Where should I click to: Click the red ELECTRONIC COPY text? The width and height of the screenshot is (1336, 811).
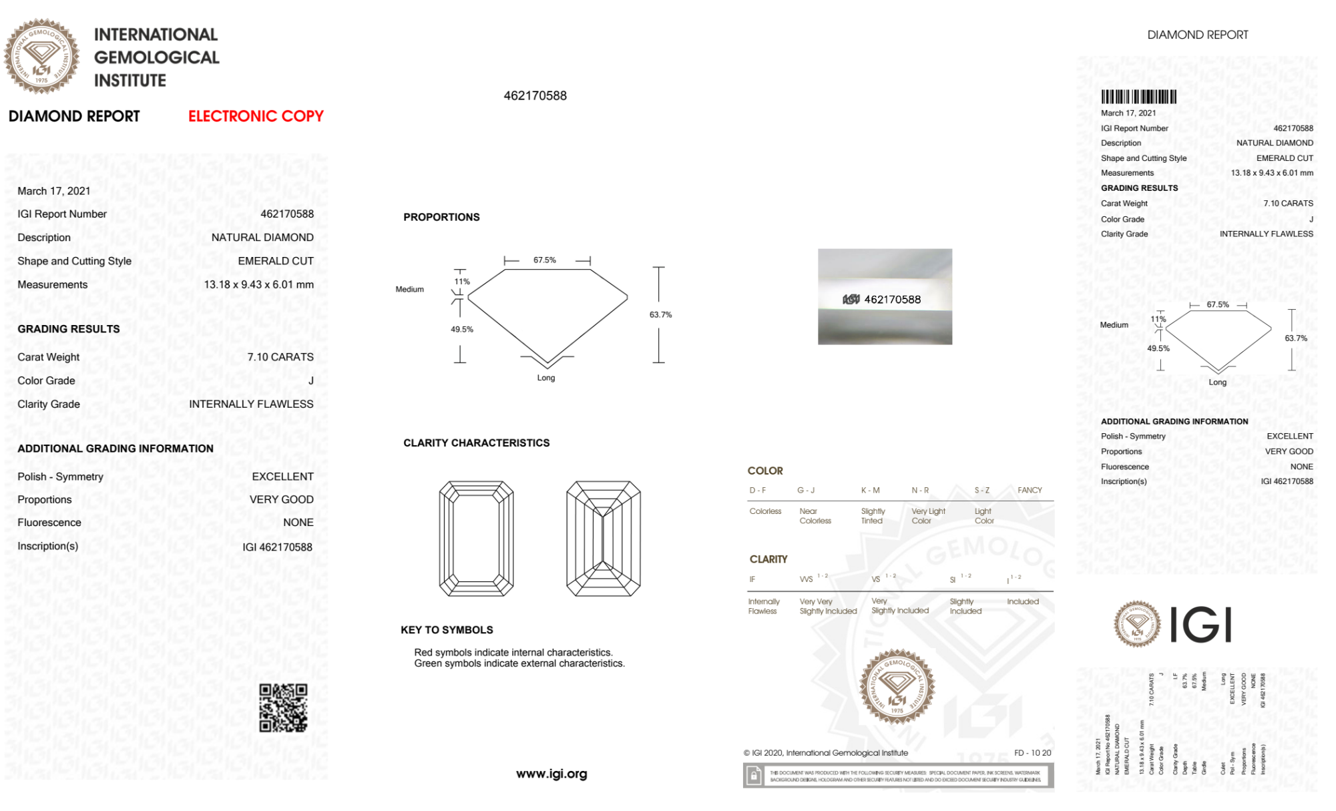pos(256,116)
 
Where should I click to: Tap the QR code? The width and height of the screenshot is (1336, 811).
pos(283,708)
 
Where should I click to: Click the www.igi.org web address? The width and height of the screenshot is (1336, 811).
pos(551,774)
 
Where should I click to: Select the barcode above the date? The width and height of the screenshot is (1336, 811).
pos(1138,97)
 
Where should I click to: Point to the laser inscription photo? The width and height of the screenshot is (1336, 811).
pos(885,297)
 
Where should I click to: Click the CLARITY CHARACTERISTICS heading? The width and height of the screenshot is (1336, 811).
pos(476,443)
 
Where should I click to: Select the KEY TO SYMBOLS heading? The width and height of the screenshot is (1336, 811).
pos(447,629)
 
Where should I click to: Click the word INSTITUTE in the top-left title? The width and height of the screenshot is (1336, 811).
pos(130,81)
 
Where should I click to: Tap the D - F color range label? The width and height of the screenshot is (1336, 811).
pos(757,491)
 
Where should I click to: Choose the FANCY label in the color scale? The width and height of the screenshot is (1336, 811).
pos(1030,491)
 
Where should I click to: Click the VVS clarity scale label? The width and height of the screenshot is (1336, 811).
pos(807,579)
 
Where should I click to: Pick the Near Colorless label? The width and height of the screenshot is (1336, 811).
pos(815,516)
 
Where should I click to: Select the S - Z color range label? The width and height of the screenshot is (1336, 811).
pos(981,491)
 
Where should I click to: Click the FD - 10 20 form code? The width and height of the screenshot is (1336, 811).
pos(1032,753)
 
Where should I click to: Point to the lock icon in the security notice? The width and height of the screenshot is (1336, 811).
pos(754,776)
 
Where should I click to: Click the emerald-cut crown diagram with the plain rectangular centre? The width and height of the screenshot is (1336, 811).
pos(476,538)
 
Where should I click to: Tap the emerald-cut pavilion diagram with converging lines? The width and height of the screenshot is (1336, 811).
pos(603,538)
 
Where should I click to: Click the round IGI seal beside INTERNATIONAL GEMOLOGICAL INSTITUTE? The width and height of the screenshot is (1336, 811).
pos(41,56)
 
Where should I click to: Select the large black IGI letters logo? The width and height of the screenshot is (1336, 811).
pos(1201,625)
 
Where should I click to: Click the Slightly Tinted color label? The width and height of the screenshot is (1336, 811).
pos(873,516)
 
